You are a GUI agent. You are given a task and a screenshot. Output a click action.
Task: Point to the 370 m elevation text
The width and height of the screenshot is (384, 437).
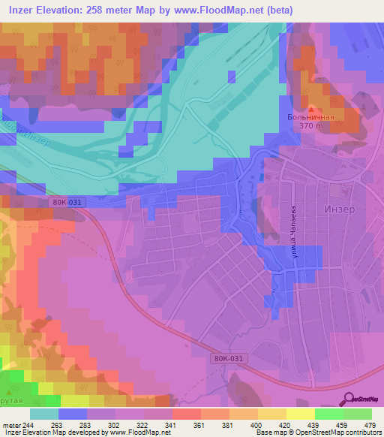pyautogui.click(x=312, y=127)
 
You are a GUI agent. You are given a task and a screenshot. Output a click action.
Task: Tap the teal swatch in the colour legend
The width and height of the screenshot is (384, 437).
pyautogui.click(x=44, y=413)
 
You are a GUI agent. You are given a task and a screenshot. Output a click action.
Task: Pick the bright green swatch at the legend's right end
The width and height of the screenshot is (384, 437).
pyautogui.click(x=357, y=413)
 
